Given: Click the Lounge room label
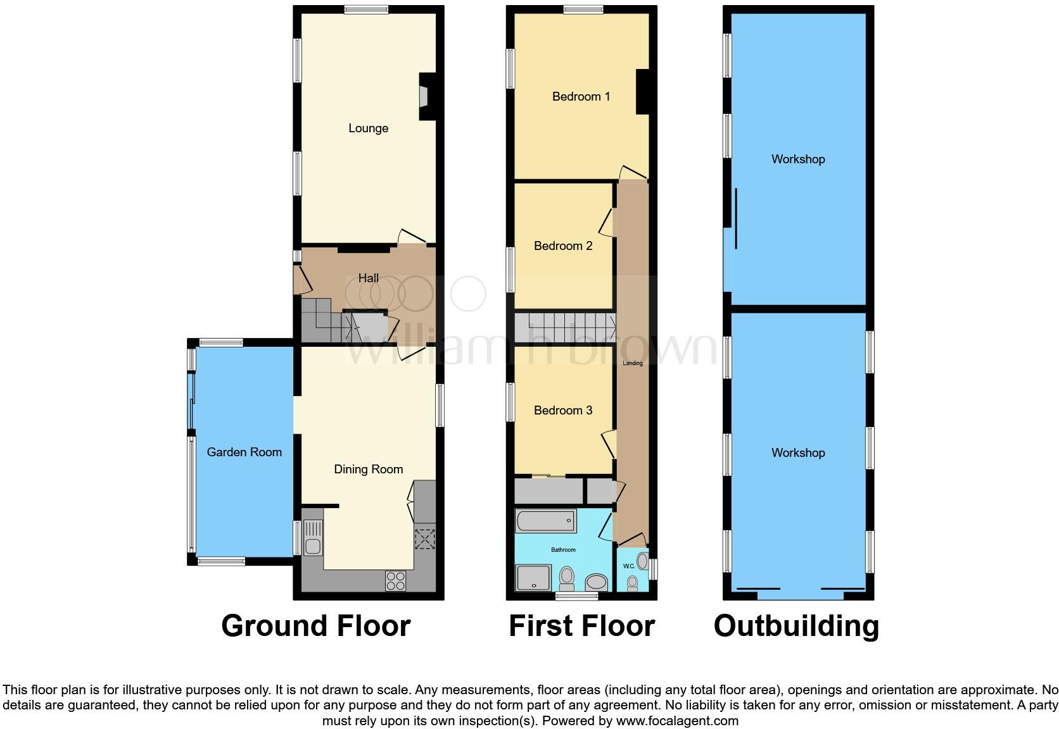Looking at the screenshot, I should (368, 128).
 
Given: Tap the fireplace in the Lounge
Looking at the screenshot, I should (424, 96).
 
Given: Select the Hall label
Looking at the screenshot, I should (368, 278).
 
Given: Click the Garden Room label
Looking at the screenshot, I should (244, 452).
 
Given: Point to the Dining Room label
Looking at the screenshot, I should (368, 469).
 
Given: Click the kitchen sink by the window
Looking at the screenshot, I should (313, 537).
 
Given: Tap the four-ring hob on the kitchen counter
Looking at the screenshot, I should (395, 581).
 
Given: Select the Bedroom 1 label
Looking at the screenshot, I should (581, 97).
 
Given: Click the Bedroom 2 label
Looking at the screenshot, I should (562, 246).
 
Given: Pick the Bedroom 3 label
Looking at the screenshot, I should (562, 410).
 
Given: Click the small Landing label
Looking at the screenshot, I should (632, 363).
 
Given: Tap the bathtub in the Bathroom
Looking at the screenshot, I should (545, 521).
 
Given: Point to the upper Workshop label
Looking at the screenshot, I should (797, 159).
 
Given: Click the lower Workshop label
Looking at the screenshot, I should (797, 452).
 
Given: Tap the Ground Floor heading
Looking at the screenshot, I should (315, 626).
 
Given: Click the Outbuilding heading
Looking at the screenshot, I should (796, 626).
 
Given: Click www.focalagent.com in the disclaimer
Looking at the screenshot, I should (676, 721).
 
